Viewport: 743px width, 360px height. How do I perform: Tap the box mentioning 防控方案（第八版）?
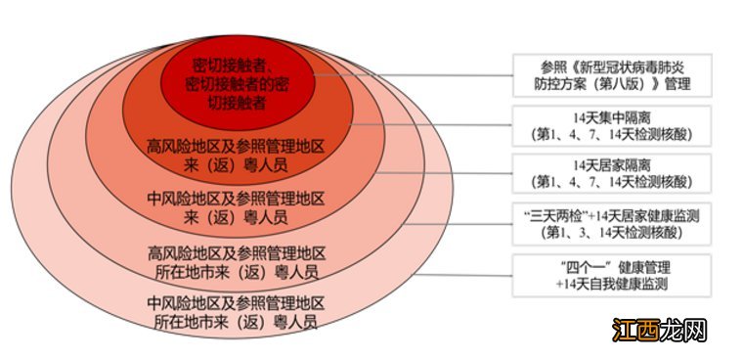tap(611, 74)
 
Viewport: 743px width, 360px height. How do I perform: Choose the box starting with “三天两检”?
tap(611, 223)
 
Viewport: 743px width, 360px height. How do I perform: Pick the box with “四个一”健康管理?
tap(611, 275)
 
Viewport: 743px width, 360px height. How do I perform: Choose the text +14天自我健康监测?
tap(611, 284)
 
